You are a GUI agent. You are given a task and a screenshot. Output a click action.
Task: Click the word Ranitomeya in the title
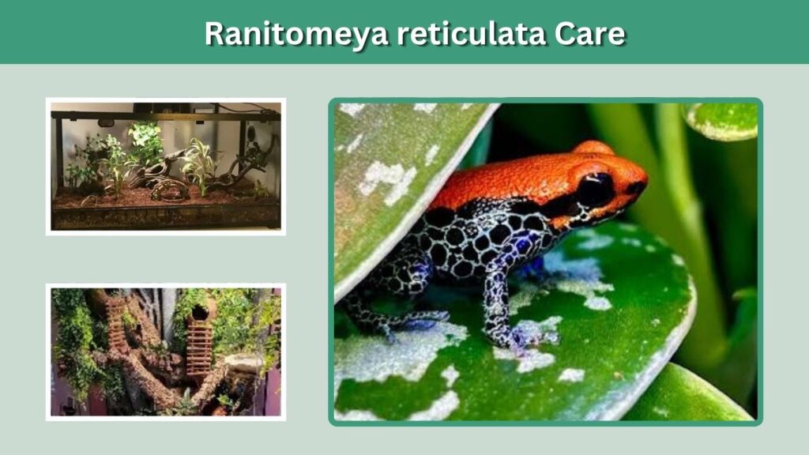coord(295,34)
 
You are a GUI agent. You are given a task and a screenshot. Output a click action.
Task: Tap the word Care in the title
coord(589,33)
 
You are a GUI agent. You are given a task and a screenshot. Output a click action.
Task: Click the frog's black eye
coord(596,190)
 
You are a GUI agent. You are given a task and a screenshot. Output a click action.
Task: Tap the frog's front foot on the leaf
coord(518,337)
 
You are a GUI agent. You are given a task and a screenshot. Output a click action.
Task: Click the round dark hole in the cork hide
coord(200,312)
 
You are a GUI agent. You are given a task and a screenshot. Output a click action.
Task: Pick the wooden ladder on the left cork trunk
coord(115,322)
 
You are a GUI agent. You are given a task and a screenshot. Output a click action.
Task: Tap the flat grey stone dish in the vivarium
coord(243,363)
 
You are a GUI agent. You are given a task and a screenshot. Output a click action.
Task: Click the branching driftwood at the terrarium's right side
coord(247,165)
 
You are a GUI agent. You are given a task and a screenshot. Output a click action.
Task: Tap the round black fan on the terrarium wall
coord(251,133)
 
